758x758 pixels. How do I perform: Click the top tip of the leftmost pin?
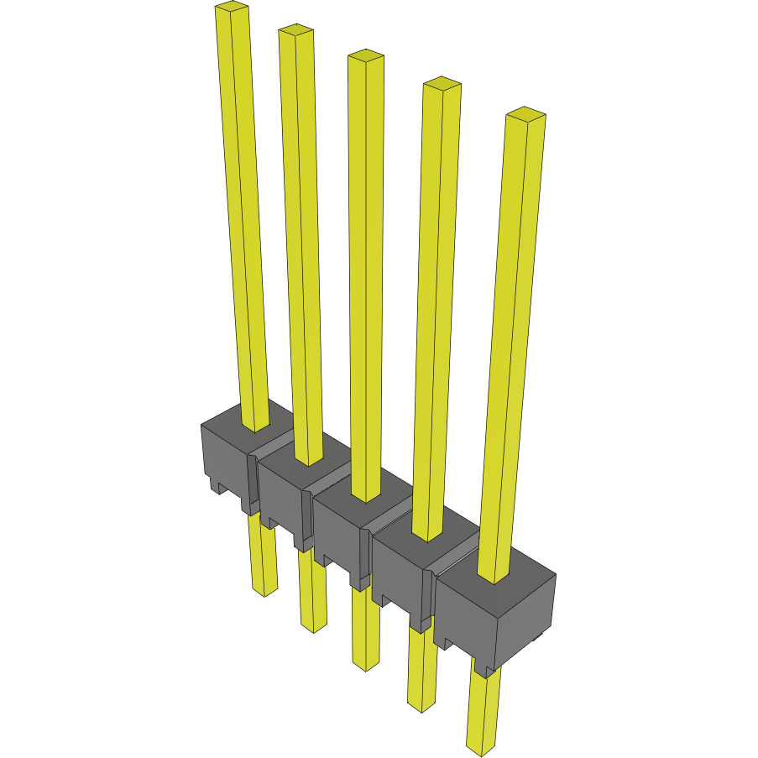tap(232, 8)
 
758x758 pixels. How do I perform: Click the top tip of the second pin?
tap(296, 31)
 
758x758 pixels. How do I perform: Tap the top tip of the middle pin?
tap(366, 56)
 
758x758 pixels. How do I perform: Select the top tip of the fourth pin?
tap(442, 83)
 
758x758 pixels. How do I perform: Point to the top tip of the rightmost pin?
tap(525, 113)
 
